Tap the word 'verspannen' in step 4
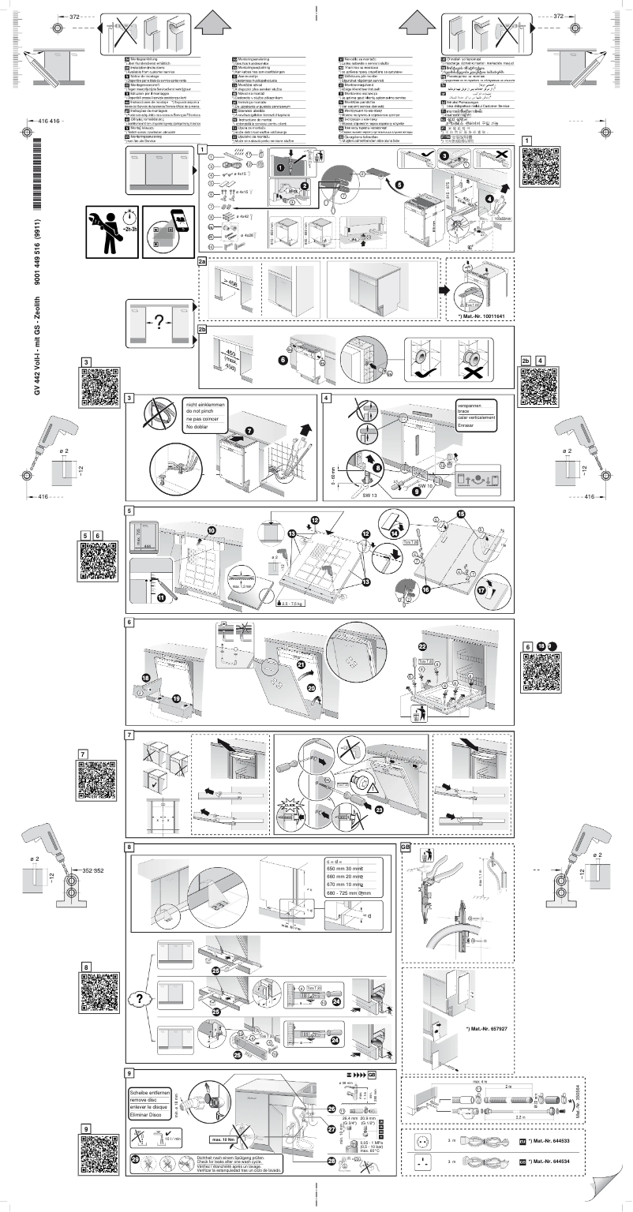pos(471,404)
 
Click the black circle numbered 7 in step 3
pos(249,431)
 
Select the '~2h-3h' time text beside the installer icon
pos(129,228)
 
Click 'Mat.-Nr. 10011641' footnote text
pos(481,316)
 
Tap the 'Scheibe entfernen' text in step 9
pos(152,1094)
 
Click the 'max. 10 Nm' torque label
pos(226,1139)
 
